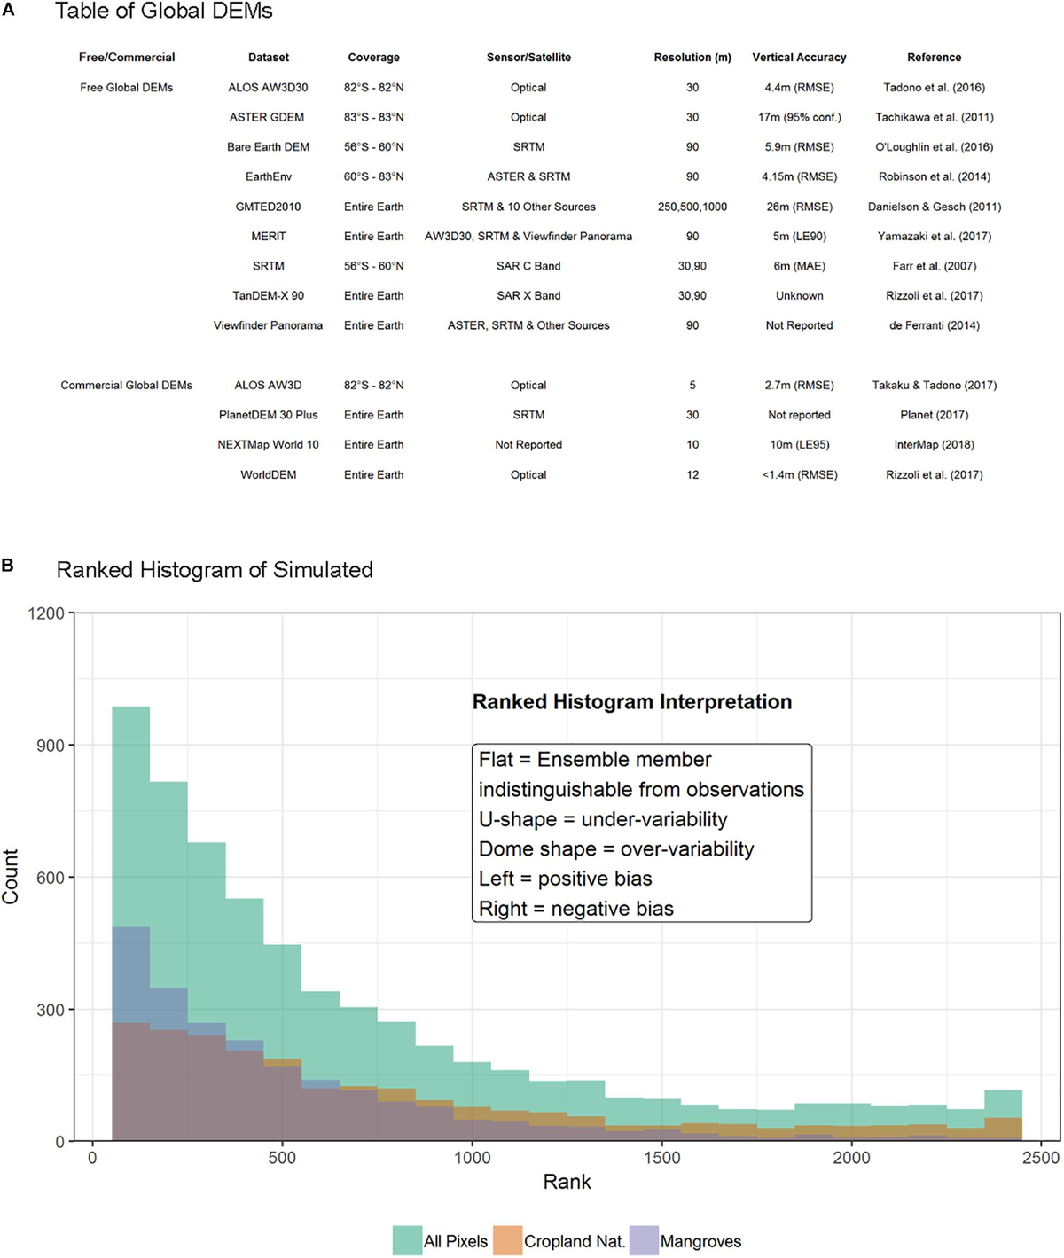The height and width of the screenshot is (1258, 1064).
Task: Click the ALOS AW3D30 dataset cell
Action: (x=268, y=88)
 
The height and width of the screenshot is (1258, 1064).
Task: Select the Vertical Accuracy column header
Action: (x=799, y=58)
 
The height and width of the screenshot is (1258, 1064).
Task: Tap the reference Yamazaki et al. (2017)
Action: (x=935, y=237)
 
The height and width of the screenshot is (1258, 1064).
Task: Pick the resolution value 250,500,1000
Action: (x=692, y=207)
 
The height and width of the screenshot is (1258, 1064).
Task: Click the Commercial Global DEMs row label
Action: (x=126, y=386)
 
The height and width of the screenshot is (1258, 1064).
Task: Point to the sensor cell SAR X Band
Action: (x=528, y=296)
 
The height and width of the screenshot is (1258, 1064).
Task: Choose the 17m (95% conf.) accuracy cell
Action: (x=799, y=117)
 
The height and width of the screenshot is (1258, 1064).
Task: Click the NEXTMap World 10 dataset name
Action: (x=268, y=445)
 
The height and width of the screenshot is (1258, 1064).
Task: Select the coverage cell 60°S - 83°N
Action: (x=373, y=177)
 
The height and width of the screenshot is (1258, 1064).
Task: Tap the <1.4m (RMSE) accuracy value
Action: (x=799, y=475)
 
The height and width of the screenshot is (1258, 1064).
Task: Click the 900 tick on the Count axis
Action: (x=50, y=746)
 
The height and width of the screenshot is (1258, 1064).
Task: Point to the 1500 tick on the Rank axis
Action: (x=662, y=1158)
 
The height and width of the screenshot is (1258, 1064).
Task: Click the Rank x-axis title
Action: (x=567, y=1182)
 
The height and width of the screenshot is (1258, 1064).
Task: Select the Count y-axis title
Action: (x=12, y=876)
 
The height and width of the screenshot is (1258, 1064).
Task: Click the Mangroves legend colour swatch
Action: (x=644, y=1241)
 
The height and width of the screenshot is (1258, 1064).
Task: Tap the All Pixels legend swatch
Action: (x=408, y=1241)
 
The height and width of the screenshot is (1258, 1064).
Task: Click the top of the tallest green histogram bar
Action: (x=130, y=707)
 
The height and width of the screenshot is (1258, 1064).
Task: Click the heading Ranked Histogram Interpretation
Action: (x=631, y=702)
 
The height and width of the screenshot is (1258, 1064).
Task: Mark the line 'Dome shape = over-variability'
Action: (x=616, y=849)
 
